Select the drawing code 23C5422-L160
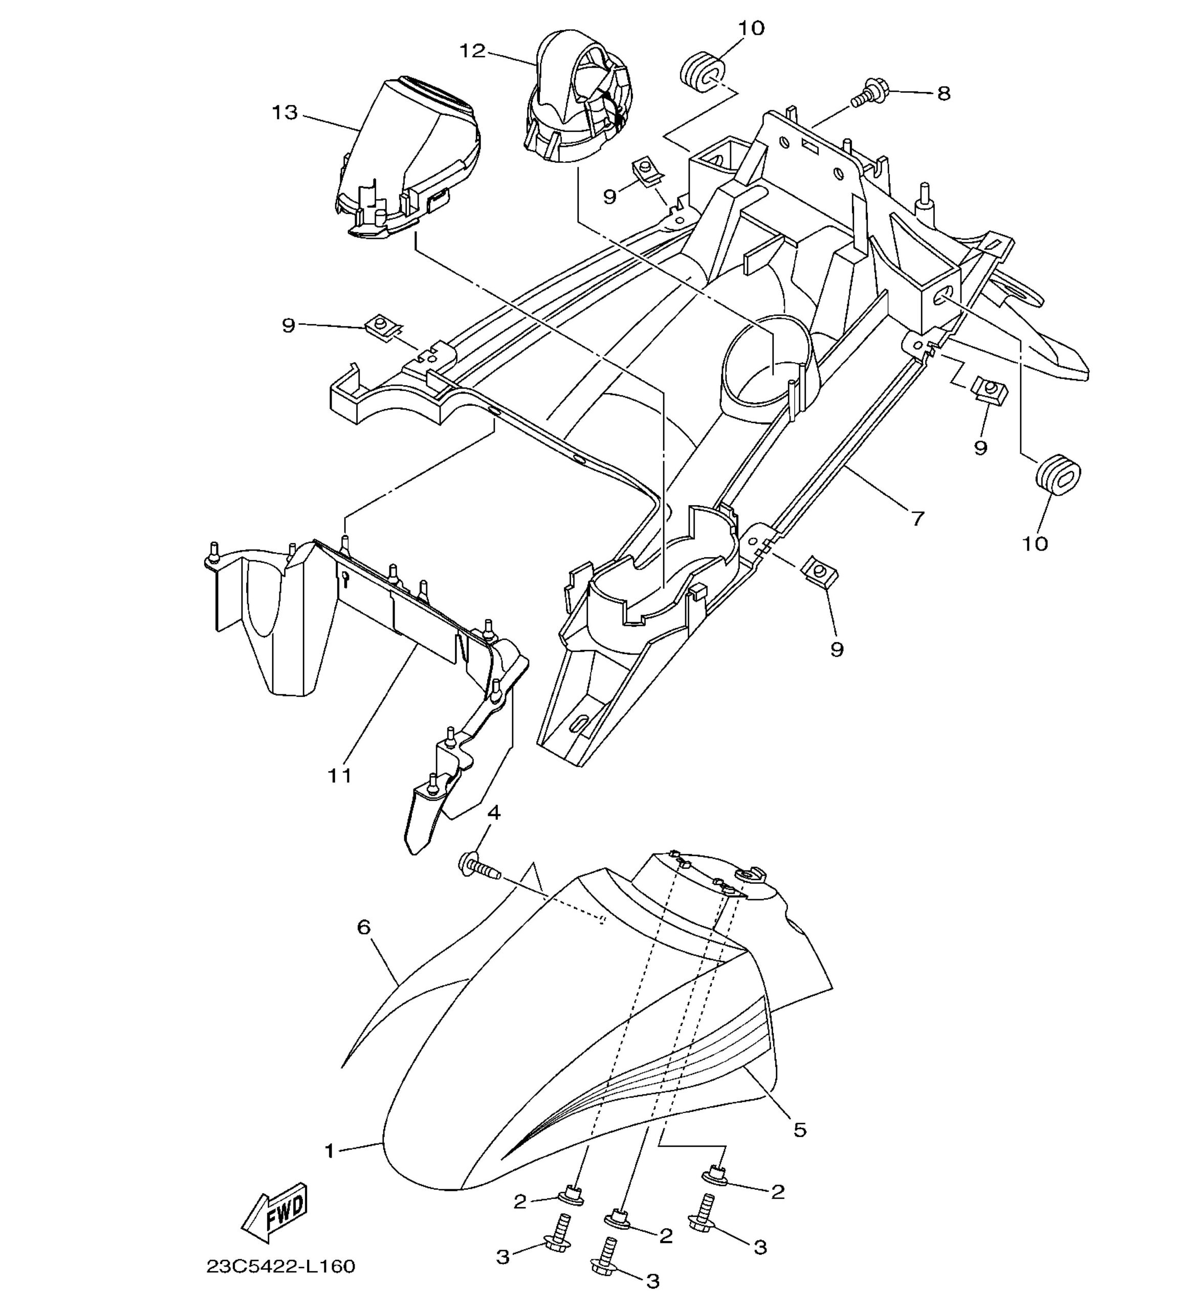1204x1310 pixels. (x=281, y=1265)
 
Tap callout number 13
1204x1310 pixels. (x=284, y=113)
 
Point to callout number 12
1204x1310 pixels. (x=473, y=51)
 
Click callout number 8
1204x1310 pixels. (x=944, y=93)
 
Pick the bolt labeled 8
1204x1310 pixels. (x=869, y=95)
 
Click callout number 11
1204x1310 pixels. (x=340, y=775)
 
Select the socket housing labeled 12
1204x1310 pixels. (x=579, y=96)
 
